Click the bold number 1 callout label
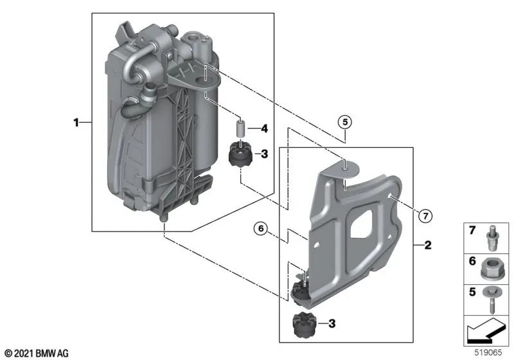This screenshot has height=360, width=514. point(76,122)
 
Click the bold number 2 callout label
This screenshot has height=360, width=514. point(426,245)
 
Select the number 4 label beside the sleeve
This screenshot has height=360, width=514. point(263,129)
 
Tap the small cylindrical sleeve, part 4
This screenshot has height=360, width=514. point(240,129)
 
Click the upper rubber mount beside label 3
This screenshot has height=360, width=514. point(240,156)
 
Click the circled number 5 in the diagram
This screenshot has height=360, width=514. point(345,122)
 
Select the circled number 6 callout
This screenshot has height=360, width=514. point(260,226)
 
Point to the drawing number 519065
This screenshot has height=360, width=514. point(489,353)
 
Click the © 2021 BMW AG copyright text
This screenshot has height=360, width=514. point(36,353)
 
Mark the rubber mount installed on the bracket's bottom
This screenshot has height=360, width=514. point(299,291)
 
